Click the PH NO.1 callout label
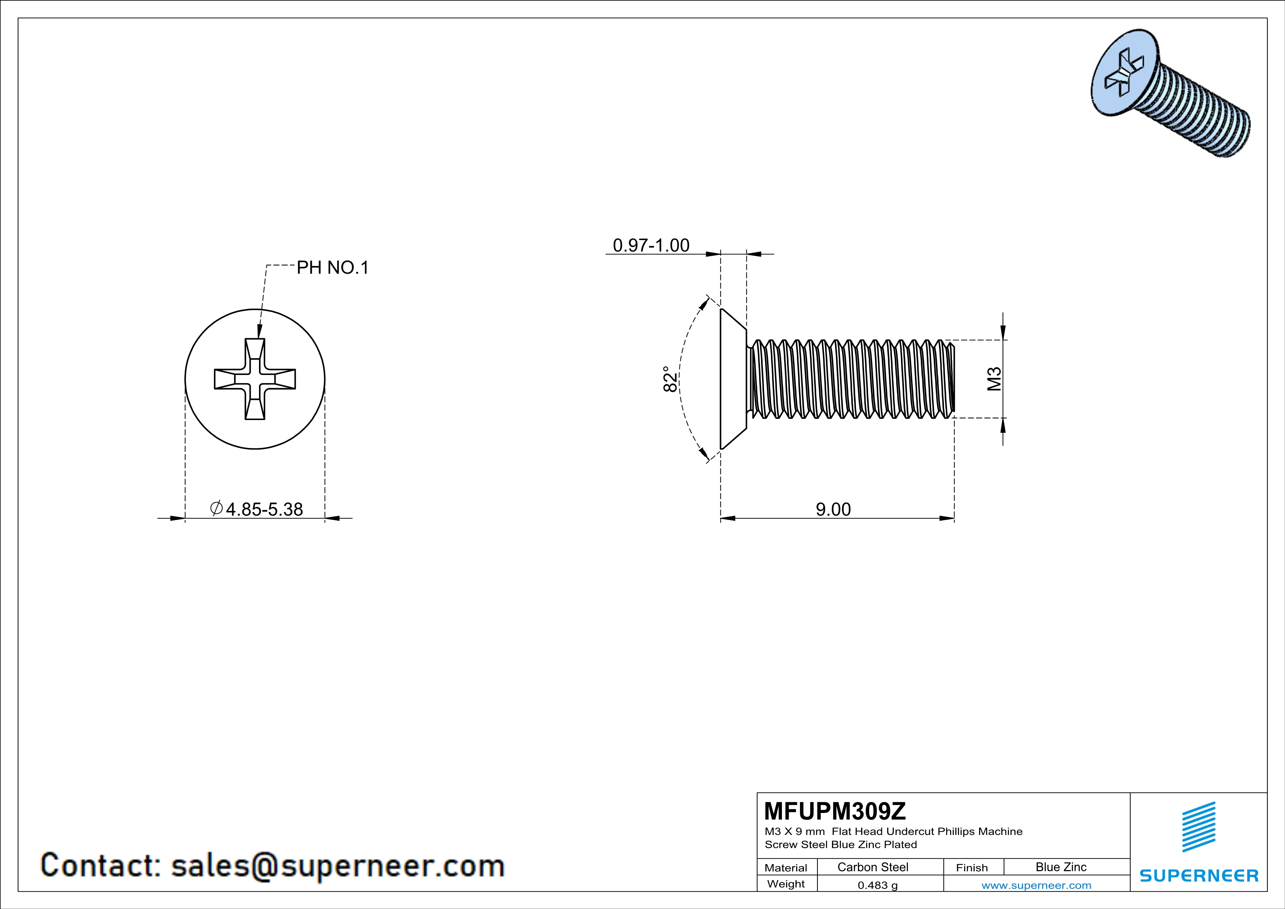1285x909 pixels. [x=332, y=268]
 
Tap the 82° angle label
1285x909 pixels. [x=670, y=379]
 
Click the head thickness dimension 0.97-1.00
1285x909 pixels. [x=651, y=245]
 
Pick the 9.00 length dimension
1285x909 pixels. [x=833, y=509]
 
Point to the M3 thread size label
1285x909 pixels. [x=994, y=379]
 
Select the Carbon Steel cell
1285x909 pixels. [x=872, y=867]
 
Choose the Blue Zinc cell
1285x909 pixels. [x=1060, y=867]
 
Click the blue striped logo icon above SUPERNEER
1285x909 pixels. [x=1198, y=827]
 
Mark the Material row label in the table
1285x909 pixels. [x=786, y=868]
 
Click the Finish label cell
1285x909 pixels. [x=972, y=868]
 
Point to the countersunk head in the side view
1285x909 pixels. [x=732, y=379]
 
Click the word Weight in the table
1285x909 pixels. [x=786, y=884]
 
